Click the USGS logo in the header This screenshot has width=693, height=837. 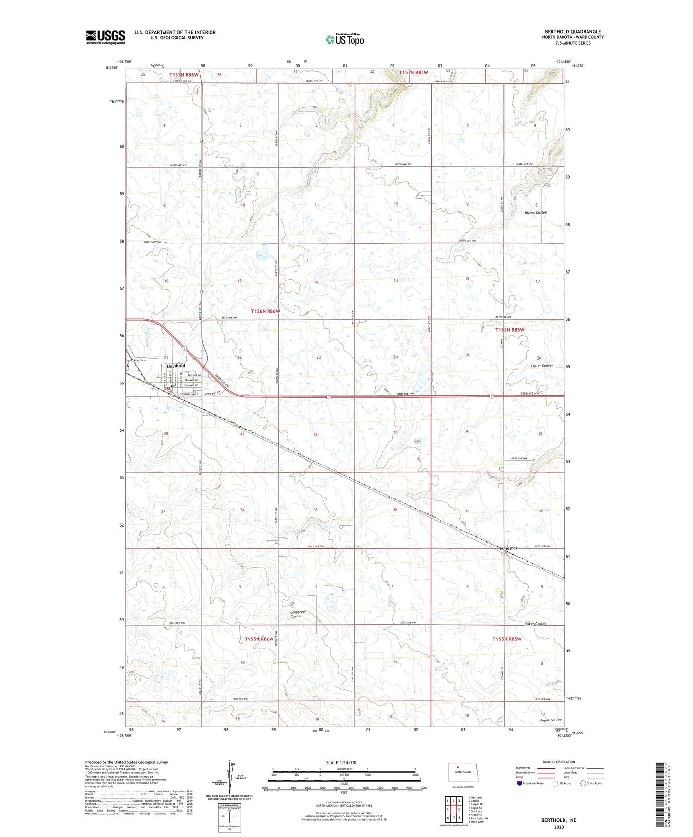click(x=106, y=37)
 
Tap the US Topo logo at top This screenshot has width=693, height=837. click(x=344, y=39)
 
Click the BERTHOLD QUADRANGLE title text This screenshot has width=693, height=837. click(x=573, y=32)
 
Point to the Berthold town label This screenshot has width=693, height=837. click(x=176, y=366)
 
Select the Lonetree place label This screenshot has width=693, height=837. click(x=508, y=548)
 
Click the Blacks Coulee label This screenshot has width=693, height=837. click(x=535, y=212)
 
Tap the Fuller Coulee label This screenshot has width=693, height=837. click(x=541, y=365)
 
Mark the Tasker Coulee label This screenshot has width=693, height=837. click(x=534, y=624)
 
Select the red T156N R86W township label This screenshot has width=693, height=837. click(x=265, y=311)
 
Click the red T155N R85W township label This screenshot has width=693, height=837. click(x=507, y=639)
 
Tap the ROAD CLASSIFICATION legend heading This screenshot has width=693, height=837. click(x=559, y=762)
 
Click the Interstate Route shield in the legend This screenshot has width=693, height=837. click(x=520, y=783)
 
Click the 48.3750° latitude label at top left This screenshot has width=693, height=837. click(x=110, y=67)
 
